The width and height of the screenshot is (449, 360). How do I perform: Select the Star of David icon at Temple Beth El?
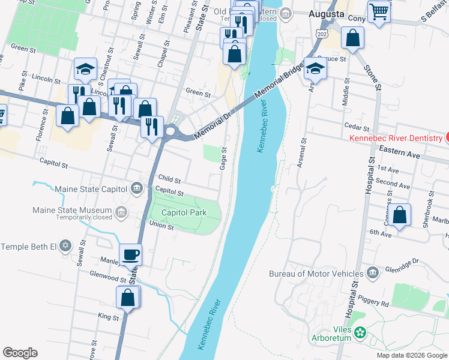point(66,247)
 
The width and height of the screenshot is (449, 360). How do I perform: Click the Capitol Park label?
point(184,213)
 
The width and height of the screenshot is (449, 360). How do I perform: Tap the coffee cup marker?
point(131,255)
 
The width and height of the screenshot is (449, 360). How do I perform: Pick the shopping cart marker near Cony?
point(379,11)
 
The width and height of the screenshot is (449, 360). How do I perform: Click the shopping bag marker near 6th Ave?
point(400,215)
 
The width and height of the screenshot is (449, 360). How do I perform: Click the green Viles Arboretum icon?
point(360,332)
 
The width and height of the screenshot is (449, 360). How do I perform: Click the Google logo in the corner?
point(20,353)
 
